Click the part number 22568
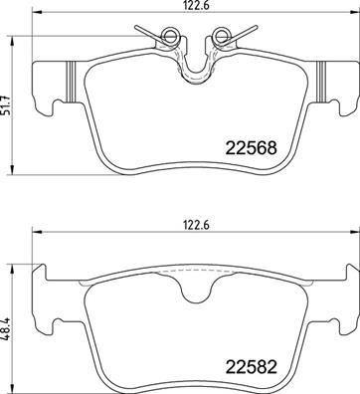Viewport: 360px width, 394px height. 251,148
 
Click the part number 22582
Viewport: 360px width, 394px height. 251,367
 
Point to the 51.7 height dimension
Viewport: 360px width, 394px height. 6,105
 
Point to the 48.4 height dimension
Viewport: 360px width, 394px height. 6,329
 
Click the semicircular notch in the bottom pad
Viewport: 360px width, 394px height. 196,295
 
